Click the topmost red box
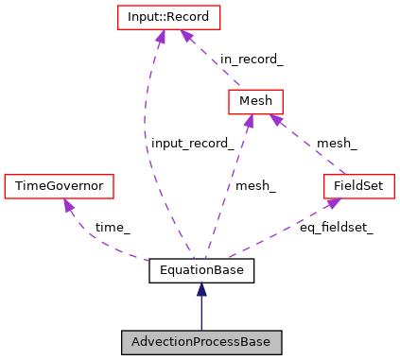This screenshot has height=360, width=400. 168,17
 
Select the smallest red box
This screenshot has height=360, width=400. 255,101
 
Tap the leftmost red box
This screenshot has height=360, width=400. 59,186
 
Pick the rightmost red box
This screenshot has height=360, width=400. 358,186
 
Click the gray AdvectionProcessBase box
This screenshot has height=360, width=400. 200,342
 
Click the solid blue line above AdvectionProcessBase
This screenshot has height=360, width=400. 200,315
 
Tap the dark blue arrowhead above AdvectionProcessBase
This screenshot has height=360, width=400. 200,289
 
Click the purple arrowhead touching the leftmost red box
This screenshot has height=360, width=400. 67,205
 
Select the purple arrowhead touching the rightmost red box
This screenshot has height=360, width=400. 332,202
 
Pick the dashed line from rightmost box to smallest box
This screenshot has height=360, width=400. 308,145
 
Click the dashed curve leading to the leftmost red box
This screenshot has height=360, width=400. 95,240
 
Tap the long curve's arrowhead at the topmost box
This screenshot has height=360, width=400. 160,37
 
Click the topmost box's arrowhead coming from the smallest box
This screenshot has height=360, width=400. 186,37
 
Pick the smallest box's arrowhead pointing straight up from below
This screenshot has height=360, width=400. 249,121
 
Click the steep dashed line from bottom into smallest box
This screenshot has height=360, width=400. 228,189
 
